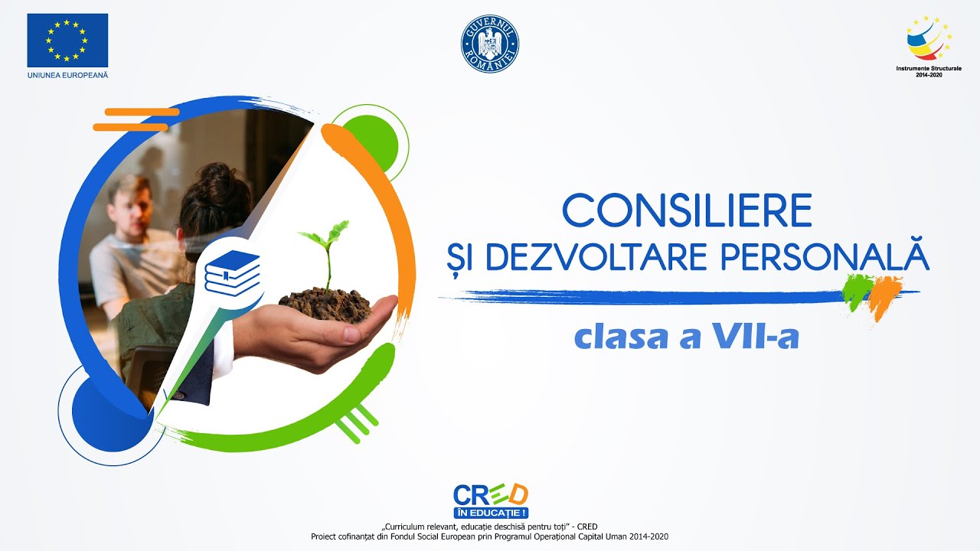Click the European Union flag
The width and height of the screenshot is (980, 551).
pos(67,40)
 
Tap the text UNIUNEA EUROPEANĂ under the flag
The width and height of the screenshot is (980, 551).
pos(67,75)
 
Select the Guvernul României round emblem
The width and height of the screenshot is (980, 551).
pos(490,44)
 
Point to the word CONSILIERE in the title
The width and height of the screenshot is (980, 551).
pos(687,210)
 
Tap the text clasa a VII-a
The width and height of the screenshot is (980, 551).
pos(687,337)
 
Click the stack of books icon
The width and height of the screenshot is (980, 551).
pos(232,272)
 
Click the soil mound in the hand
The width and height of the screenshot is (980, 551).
pos(326,303)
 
